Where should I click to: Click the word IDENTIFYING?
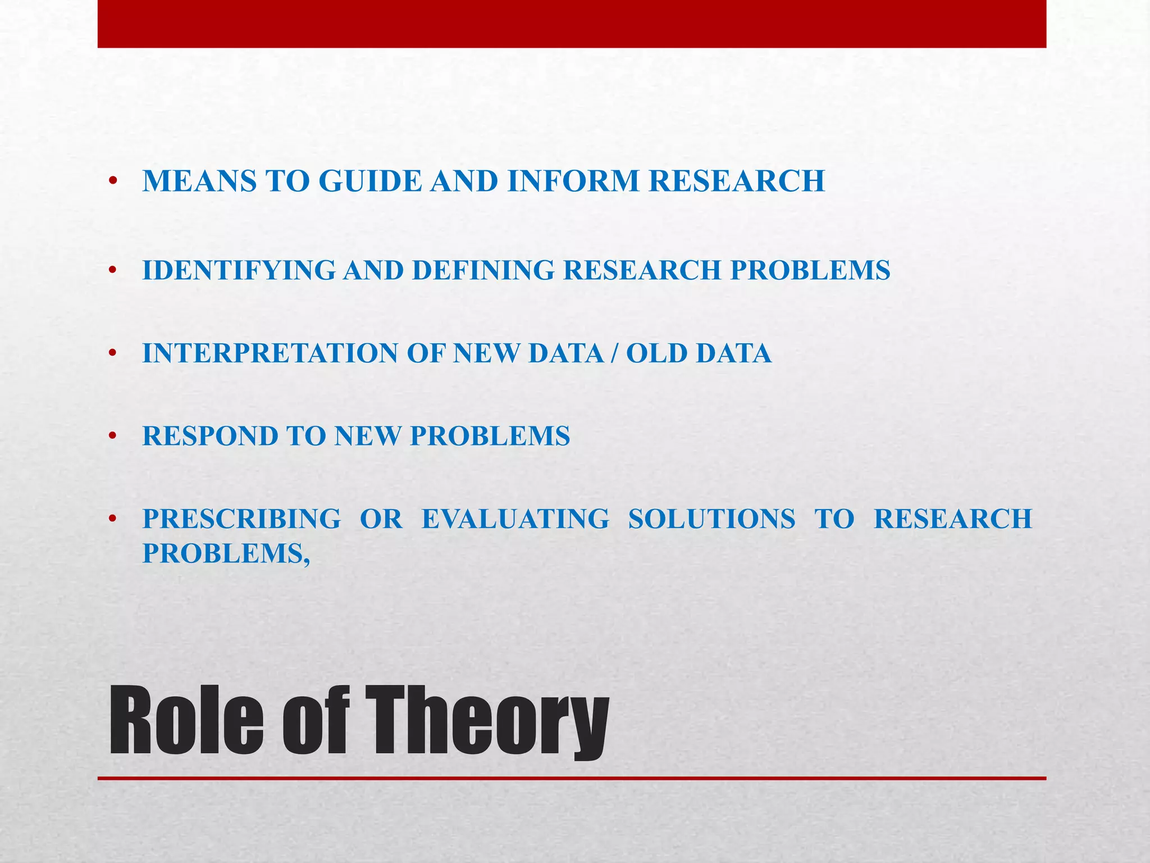coord(239,270)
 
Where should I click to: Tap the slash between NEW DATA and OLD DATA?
coord(615,353)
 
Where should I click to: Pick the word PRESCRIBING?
coord(241,519)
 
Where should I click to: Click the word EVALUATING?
coord(515,519)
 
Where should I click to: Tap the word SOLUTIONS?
coord(711,519)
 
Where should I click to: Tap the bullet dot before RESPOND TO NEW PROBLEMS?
coord(113,437)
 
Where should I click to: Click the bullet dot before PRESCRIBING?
coord(113,519)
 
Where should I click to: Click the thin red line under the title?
coord(572,778)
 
